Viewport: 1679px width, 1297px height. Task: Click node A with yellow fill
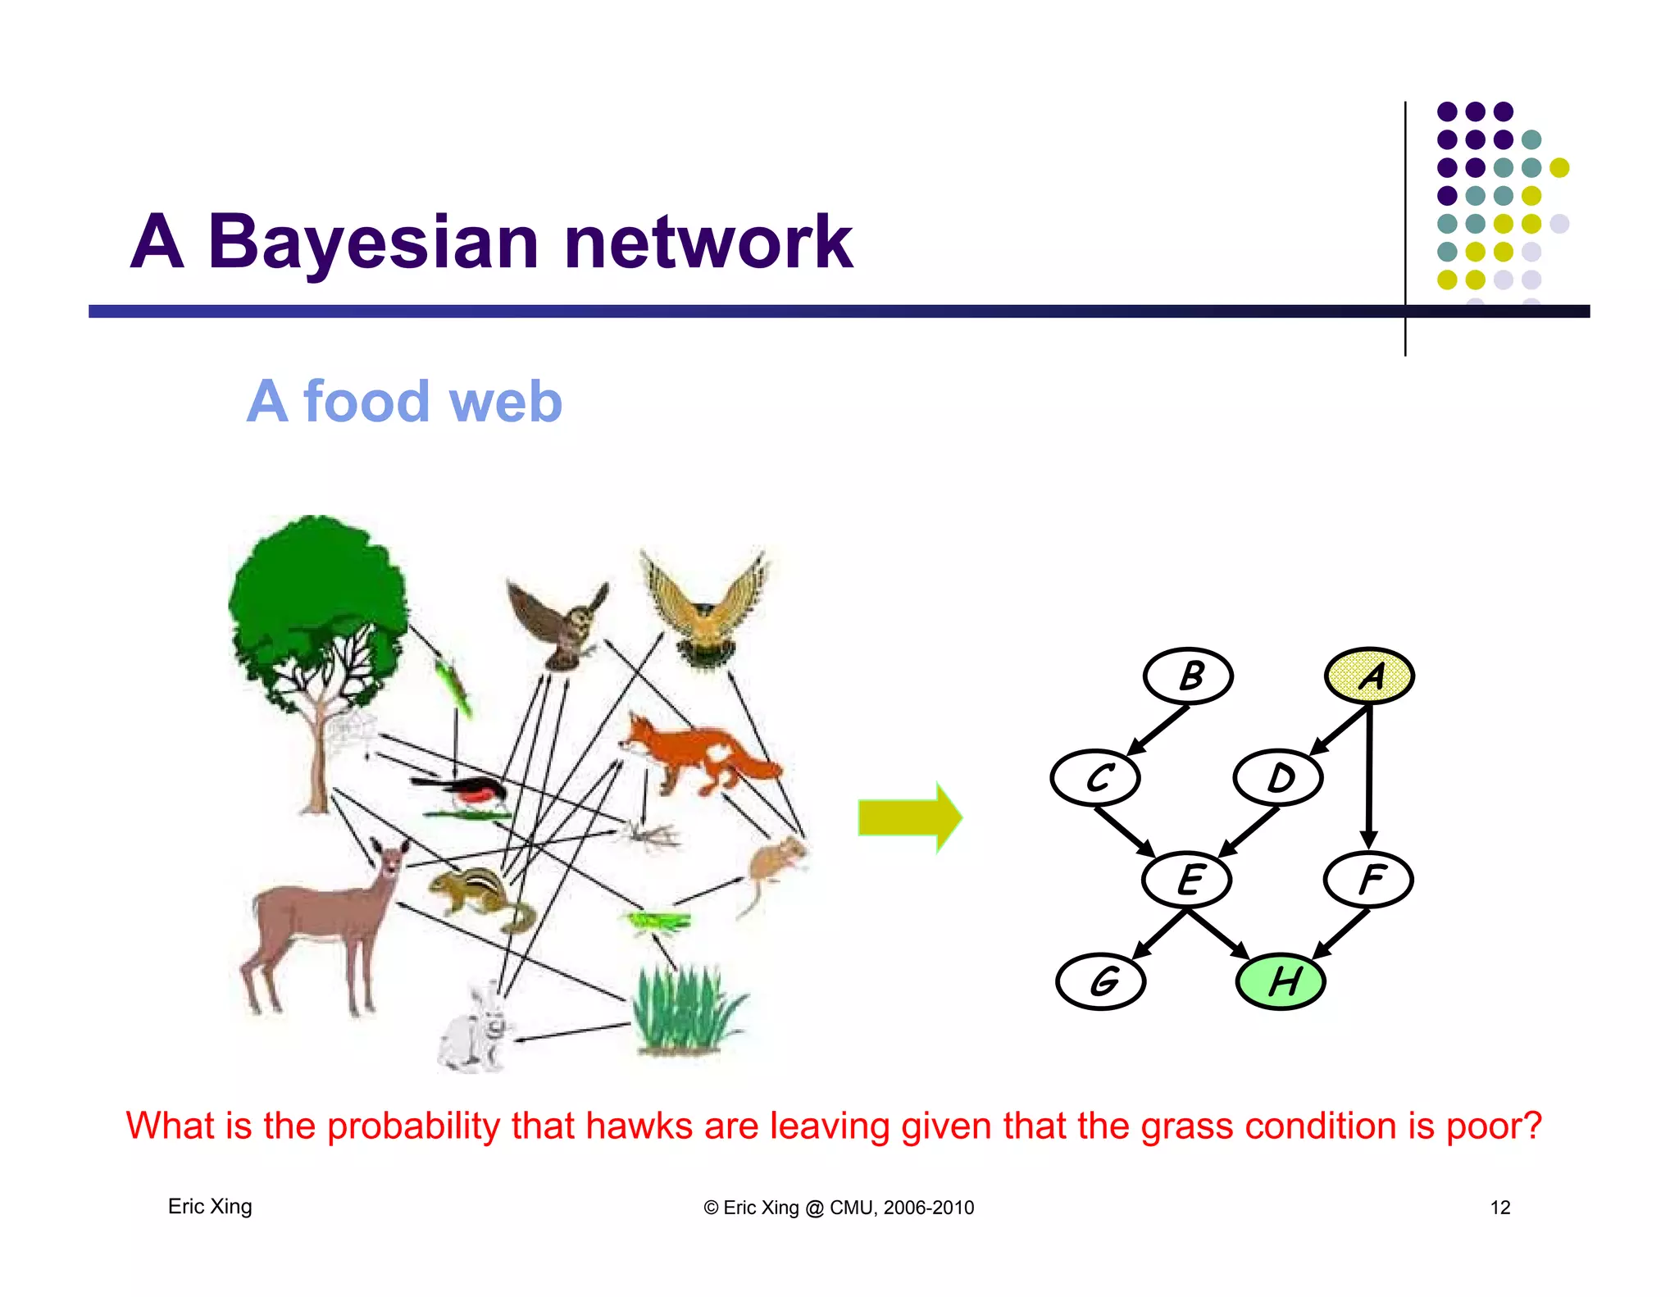point(1369,676)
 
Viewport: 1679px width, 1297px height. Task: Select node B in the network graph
point(1188,676)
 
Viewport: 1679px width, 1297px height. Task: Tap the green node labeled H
point(1280,981)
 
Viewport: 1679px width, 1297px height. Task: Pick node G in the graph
point(1100,981)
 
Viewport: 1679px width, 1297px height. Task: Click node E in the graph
point(1187,879)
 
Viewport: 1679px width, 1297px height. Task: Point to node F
point(1368,879)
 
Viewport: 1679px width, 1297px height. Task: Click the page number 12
point(1499,1207)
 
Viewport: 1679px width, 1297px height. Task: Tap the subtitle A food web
point(404,402)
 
